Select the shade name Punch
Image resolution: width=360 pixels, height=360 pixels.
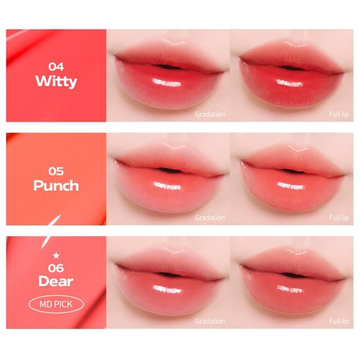pos(56,186)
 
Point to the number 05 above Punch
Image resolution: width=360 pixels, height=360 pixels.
pos(56,170)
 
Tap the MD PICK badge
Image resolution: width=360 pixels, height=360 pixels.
pos(56,300)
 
